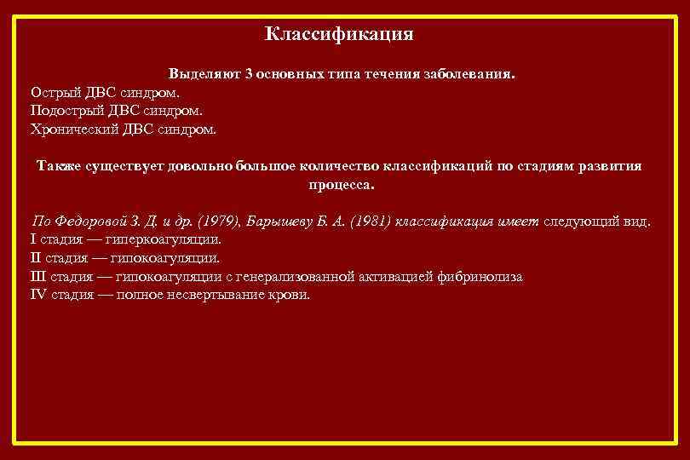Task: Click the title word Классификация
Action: [x=339, y=34]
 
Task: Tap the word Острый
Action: [x=55, y=92]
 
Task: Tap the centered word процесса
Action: [x=340, y=184]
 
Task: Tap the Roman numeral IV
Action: [x=38, y=296]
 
